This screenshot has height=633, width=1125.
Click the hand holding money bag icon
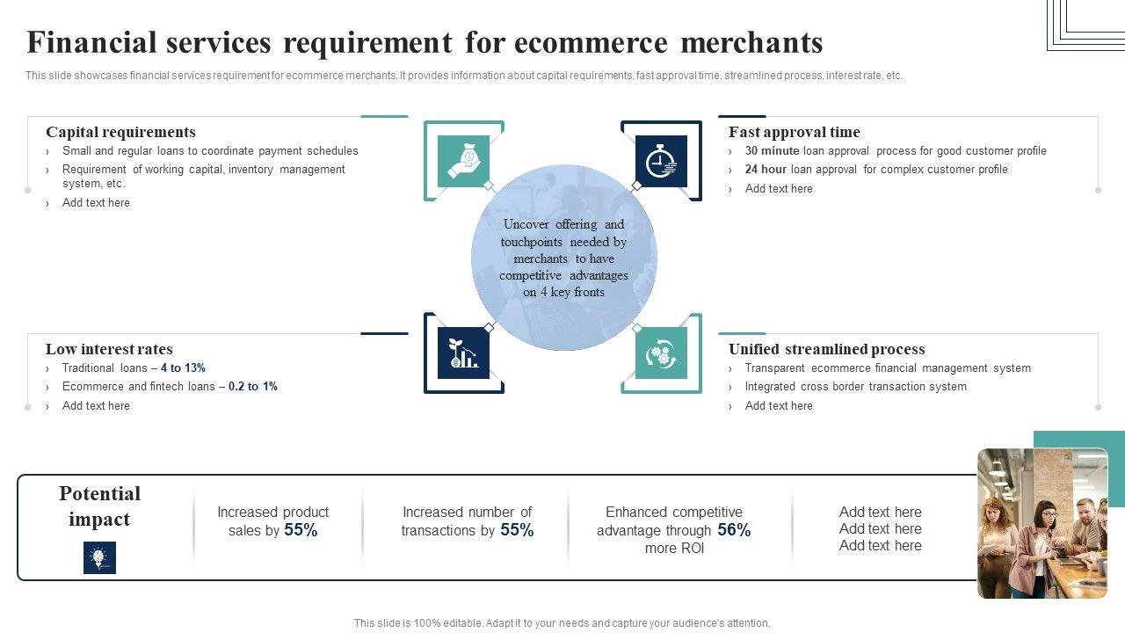463,161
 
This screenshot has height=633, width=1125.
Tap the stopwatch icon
661,161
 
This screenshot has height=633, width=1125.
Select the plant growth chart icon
463,353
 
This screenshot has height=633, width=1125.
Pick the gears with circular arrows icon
661,353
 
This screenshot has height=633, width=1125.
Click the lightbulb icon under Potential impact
99,557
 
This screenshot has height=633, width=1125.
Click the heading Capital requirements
120,132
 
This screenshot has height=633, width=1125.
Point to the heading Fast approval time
794,132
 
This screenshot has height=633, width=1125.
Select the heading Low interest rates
109,349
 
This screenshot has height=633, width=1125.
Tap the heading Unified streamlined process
826,349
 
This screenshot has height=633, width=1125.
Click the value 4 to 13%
183,368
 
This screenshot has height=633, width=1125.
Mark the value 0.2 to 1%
252,387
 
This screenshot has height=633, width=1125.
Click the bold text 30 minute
772,151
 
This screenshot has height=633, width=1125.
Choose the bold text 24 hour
766,170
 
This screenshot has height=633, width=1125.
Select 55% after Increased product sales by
301,530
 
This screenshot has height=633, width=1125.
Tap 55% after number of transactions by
517,530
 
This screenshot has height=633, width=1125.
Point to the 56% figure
734,530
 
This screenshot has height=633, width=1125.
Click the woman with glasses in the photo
1045,527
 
